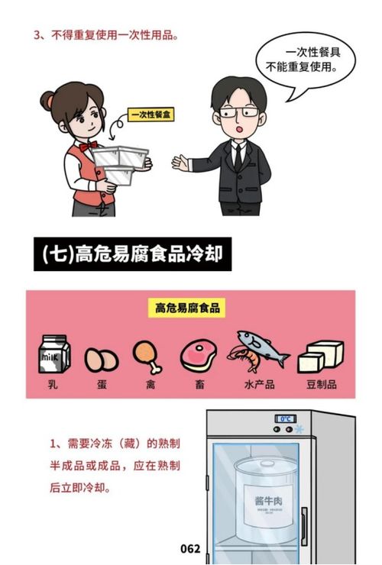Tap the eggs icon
pyautogui.click(x=101, y=358)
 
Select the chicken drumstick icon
pyautogui.click(x=146, y=355)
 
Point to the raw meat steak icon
pyautogui.click(x=198, y=355)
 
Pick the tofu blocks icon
pyautogui.click(x=320, y=357)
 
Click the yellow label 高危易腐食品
pyautogui.click(x=187, y=308)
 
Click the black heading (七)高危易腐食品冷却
pyautogui.click(x=131, y=253)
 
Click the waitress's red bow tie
pyautogui.click(x=87, y=144)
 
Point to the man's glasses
pyautogui.click(x=238, y=113)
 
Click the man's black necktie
pyautogui.click(x=238, y=157)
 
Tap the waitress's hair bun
pyautogui.click(x=47, y=99)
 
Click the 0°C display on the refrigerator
pyautogui.click(x=286, y=419)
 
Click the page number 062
pyautogui.click(x=190, y=548)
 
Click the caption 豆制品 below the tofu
pyautogui.click(x=321, y=384)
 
